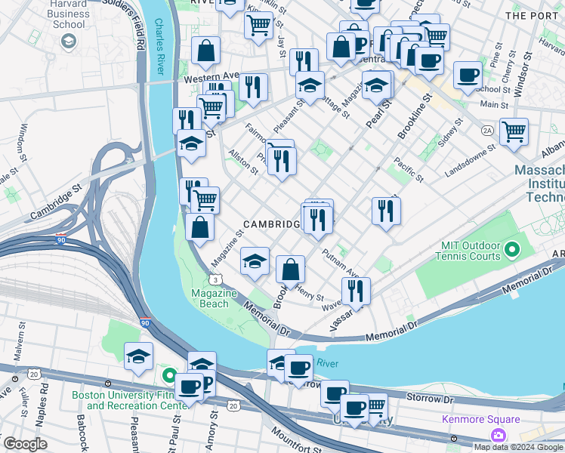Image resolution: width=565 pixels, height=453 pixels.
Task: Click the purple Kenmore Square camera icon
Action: click(498, 434)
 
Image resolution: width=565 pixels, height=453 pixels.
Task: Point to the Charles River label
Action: click(159, 47)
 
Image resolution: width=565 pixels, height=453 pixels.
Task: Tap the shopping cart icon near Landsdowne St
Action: click(514, 131)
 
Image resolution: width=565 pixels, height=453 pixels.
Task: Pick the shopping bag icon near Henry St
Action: click(290, 269)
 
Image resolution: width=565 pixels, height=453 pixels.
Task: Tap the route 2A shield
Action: click(487, 130)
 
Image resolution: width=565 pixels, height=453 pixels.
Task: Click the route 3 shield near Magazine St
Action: click(216, 279)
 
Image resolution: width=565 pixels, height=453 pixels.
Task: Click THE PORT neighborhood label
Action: click(533, 15)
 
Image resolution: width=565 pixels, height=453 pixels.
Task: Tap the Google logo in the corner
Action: click(25, 444)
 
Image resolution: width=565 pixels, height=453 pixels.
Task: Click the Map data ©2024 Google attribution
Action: click(518, 447)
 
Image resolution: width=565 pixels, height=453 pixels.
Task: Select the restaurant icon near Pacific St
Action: click(386, 211)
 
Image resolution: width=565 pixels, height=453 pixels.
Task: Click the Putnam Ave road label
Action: click(341, 263)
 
